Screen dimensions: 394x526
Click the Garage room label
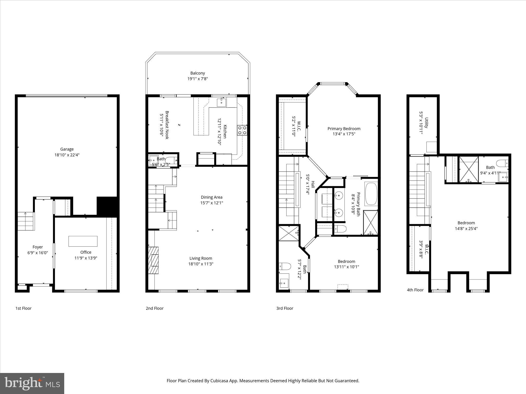(67, 149)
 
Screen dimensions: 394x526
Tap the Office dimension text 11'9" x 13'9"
(86, 258)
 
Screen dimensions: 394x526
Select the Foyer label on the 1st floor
(37, 247)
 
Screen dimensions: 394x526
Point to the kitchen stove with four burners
(242, 130)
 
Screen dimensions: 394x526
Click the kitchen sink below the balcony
(221, 102)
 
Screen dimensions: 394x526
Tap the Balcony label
(198, 73)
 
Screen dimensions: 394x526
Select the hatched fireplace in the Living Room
(154, 261)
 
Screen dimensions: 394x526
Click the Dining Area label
(211, 197)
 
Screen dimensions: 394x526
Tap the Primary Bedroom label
(344, 129)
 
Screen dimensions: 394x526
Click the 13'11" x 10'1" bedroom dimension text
(346, 267)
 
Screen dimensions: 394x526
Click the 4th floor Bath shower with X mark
(469, 170)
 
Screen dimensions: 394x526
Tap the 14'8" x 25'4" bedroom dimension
(466, 229)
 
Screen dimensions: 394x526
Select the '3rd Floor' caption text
(285, 308)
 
